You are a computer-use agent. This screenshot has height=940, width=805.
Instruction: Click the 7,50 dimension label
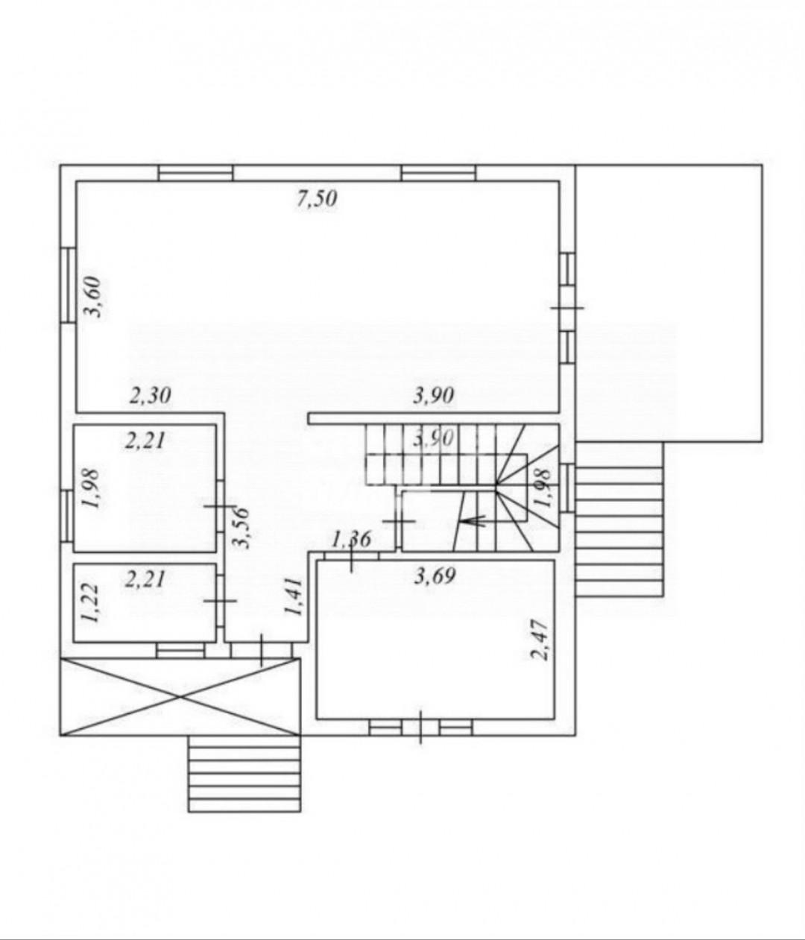tap(317, 199)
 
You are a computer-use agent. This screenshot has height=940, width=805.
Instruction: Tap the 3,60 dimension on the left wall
tap(94, 297)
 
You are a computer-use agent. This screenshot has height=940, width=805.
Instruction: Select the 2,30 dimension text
tap(151, 395)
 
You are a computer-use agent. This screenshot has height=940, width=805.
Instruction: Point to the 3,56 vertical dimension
tap(241, 528)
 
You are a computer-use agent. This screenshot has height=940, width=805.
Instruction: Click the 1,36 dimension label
tap(351, 540)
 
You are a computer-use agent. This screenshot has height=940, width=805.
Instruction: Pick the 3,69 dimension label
tap(435, 576)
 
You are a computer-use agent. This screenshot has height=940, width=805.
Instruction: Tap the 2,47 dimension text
tap(542, 640)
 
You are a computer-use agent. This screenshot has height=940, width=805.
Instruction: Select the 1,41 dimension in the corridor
tap(294, 597)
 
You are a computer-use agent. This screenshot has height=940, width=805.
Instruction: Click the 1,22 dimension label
tap(89, 602)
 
